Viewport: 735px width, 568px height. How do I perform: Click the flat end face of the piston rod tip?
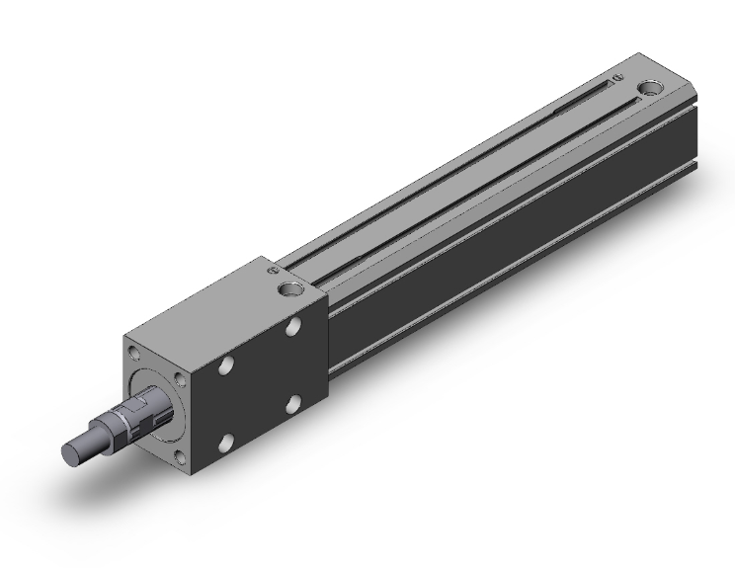click(x=72, y=453)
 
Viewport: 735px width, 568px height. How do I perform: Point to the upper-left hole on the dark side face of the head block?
click(x=227, y=365)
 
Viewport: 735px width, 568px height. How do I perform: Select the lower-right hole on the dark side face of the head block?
click(x=293, y=402)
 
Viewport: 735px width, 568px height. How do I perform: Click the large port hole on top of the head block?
click(x=288, y=290)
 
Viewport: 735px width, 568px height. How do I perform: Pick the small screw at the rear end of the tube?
click(x=617, y=75)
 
